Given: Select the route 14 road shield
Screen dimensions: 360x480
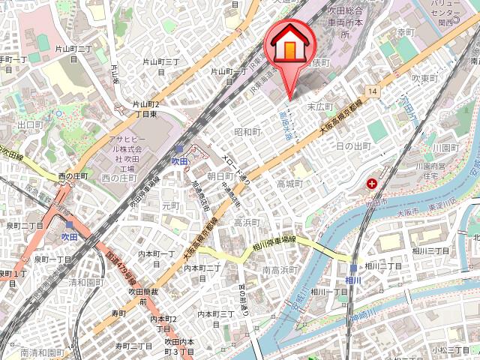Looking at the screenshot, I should (373, 91).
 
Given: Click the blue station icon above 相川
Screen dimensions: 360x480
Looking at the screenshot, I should (353, 268).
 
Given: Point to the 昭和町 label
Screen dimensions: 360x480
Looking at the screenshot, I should (247, 132).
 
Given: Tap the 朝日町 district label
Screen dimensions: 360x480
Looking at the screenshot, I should (220, 175).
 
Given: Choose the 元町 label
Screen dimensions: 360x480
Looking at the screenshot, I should (172, 205).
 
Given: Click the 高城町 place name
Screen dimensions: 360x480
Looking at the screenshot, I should (289, 184).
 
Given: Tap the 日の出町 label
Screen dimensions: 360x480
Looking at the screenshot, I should (354, 145).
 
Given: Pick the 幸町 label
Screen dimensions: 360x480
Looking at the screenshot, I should (406, 32).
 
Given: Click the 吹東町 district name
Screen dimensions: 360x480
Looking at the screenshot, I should (424, 78).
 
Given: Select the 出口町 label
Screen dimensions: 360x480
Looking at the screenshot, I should (31, 124).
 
